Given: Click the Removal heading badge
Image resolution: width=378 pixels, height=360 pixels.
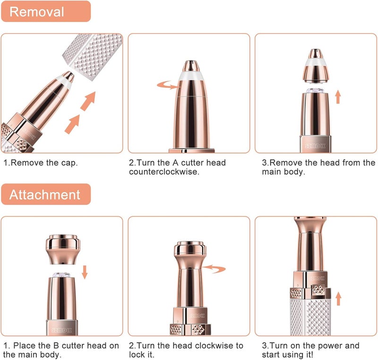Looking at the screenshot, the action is click(46, 11).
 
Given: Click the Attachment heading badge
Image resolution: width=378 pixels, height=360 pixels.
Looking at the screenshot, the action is click(46, 194).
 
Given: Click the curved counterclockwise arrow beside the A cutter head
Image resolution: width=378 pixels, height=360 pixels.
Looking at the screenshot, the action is click(168, 85).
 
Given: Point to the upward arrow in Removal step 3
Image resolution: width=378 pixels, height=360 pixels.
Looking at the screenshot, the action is click(338, 97).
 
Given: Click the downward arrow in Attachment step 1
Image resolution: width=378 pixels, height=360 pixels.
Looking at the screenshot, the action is click(85, 272).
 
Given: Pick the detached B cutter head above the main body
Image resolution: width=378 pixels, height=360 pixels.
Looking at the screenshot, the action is click(63, 249).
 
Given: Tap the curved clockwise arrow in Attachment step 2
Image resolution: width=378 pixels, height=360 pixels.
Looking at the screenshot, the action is click(214, 269).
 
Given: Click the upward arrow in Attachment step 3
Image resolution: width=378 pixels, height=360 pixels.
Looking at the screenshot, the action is click(338, 299).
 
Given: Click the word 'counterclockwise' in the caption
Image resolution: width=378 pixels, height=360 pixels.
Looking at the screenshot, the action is click(164, 172).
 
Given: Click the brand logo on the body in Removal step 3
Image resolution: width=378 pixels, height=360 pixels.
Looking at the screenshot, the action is click(315, 146).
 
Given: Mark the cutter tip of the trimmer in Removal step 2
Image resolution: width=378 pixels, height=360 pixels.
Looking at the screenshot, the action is click(191, 66).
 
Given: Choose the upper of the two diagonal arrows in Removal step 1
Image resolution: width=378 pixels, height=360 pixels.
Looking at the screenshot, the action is click(88, 101).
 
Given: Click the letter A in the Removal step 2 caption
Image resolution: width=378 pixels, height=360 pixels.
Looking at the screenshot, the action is click(175, 163).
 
